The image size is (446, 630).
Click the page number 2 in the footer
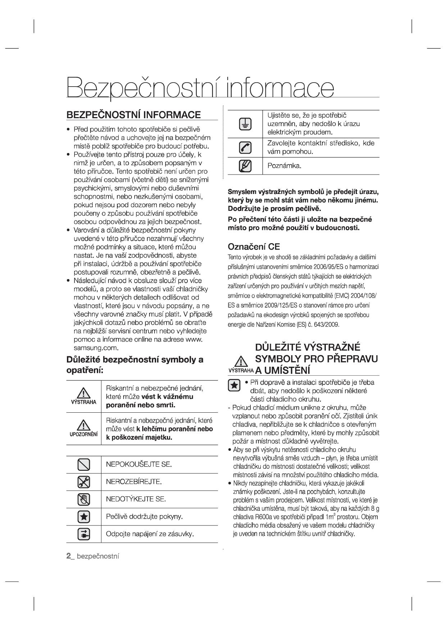pyautogui.click(x=68, y=556)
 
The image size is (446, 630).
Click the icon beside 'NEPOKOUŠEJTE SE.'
pyautogui.click(x=84, y=464)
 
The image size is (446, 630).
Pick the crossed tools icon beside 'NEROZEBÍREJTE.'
pyautogui.click(x=84, y=482)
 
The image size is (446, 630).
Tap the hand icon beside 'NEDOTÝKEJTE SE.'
pyautogui.click(x=84, y=499)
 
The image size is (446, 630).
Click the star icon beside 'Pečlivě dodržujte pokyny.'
pyautogui.click(x=84, y=517)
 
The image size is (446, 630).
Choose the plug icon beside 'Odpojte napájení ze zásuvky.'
pyautogui.click(x=84, y=534)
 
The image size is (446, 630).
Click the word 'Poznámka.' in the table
pyautogui.click(x=284, y=166)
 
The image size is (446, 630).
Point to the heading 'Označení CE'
pyautogui.click(x=254, y=247)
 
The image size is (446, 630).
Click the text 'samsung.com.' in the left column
pyautogui.click(x=96, y=348)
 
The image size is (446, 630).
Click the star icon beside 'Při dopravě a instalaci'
pyautogui.click(x=235, y=385)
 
